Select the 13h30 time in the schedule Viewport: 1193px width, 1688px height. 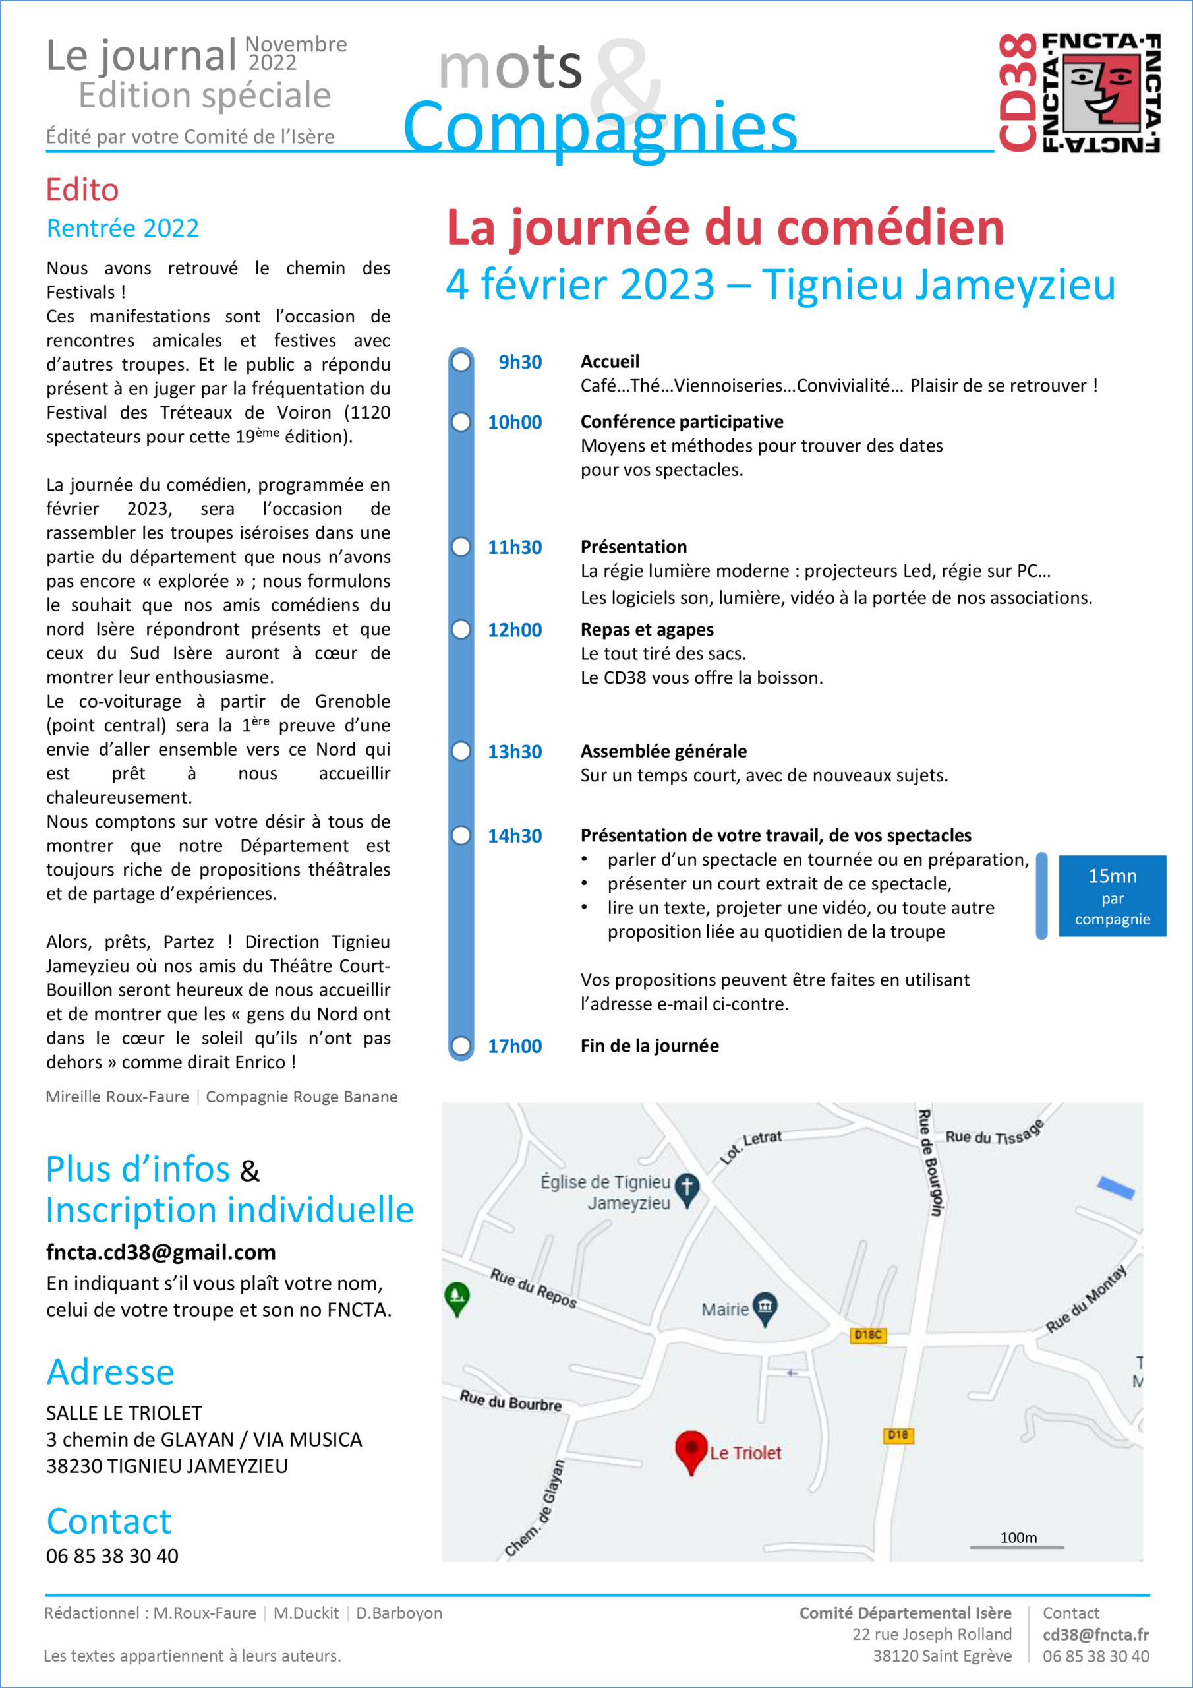tap(515, 752)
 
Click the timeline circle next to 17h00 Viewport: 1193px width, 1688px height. tap(461, 1046)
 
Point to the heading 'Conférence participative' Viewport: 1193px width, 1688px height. tap(682, 421)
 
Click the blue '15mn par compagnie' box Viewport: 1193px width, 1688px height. tap(1111, 895)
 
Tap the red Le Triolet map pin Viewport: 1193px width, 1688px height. tap(690, 1449)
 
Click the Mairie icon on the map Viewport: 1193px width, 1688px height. tap(765, 1306)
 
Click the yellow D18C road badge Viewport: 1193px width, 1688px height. tap(867, 1335)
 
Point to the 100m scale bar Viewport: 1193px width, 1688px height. tap(1016, 1547)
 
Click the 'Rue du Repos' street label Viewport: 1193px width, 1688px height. tap(533, 1288)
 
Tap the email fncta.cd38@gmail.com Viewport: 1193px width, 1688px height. tap(161, 1252)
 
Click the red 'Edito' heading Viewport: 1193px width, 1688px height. tap(82, 190)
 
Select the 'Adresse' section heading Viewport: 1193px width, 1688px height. tap(110, 1372)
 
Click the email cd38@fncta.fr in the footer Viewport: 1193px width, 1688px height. tap(1095, 1635)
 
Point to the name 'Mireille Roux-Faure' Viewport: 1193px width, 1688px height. tap(117, 1097)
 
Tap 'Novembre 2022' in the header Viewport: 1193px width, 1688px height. tap(295, 53)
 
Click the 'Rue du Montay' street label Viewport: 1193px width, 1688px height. tap(1085, 1299)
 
